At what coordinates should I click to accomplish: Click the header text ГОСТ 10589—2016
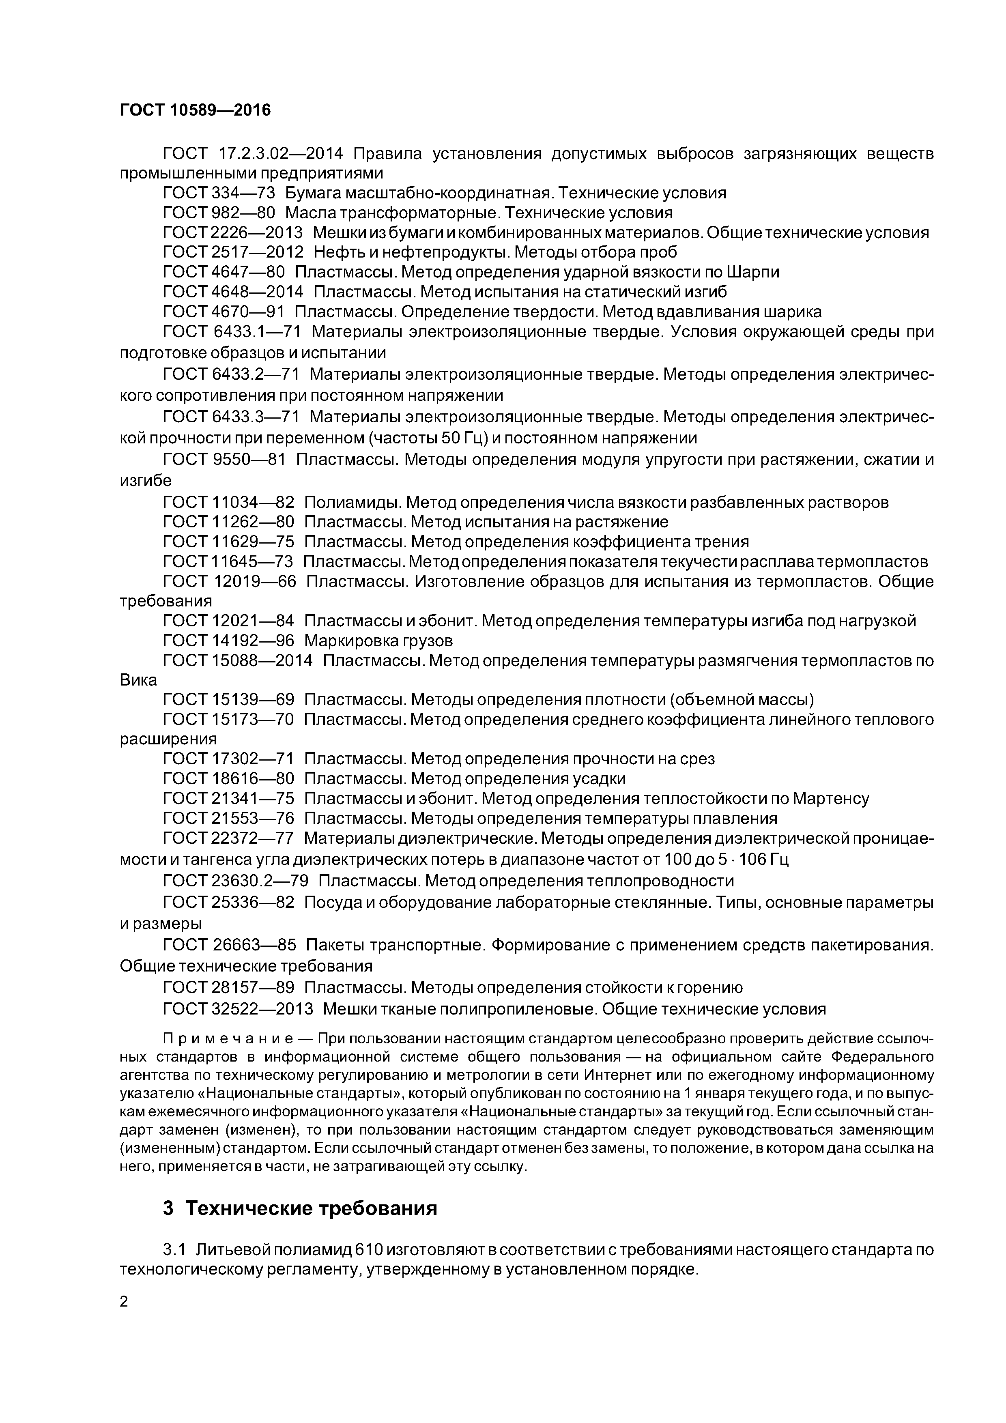tap(195, 110)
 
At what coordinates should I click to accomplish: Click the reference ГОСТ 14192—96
tap(228, 640)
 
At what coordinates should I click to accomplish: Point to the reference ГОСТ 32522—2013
tap(238, 1009)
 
